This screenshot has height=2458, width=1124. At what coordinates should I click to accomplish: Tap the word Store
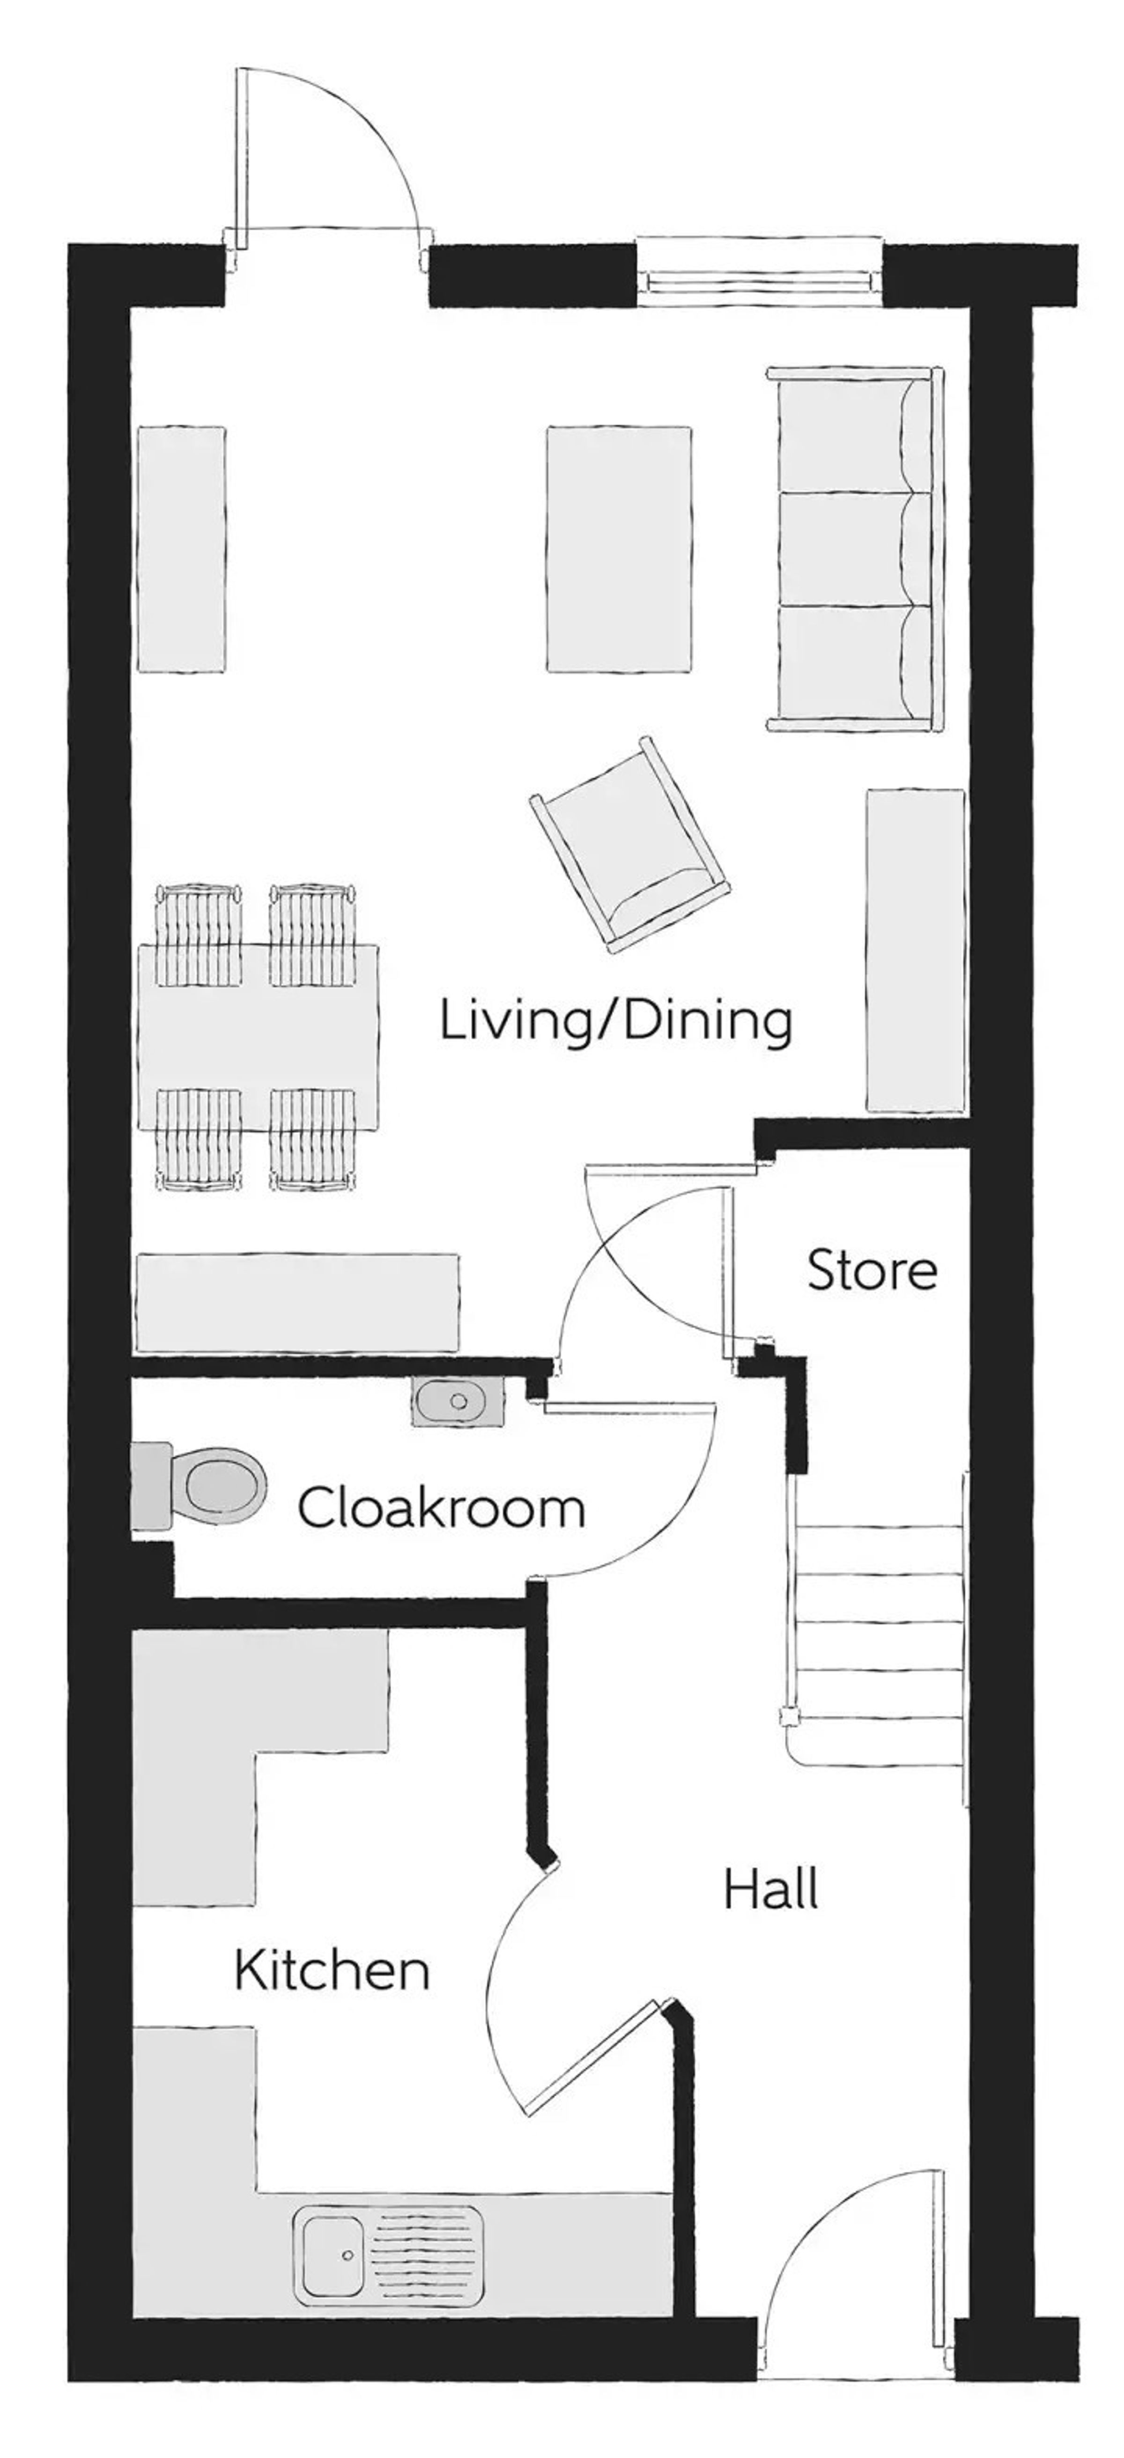tap(871, 1271)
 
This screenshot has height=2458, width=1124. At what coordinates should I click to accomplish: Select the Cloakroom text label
tap(441, 1507)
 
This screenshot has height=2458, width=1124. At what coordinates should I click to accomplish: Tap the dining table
tap(258, 1035)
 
